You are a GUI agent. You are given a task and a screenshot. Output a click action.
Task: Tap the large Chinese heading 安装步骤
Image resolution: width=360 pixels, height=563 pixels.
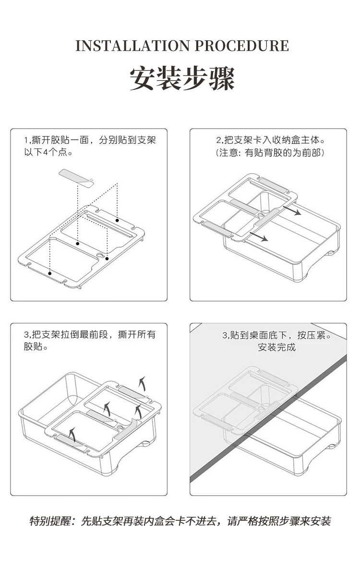[182, 78]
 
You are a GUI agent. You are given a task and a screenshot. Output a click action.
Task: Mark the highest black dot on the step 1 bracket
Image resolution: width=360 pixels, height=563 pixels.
[117, 220]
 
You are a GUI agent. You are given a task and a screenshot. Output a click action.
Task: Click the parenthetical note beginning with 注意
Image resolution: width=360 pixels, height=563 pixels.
[270, 153]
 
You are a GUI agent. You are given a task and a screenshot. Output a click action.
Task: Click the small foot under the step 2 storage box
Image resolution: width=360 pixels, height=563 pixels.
[331, 252]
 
